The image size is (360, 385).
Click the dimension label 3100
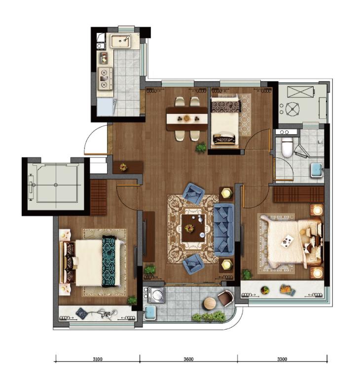click(98, 359)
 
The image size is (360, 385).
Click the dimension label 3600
click(188, 359)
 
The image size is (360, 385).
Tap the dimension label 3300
click(282, 359)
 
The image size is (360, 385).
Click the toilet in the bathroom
click(287, 147)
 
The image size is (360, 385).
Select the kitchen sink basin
click(120, 41)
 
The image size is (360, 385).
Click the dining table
click(187, 119)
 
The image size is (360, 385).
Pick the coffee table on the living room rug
click(193, 228)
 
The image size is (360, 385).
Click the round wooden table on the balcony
click(210, 303)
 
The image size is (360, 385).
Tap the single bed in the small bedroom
click(225, 121)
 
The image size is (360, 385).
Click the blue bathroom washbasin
click(318, 170)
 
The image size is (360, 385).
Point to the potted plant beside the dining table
click(201, 148)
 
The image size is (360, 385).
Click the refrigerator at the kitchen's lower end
click(106, 107)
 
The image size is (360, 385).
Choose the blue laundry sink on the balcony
click(150, 313)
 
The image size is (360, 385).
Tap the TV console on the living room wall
click(149, 237)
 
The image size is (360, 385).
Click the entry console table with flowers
click(128, 167)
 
